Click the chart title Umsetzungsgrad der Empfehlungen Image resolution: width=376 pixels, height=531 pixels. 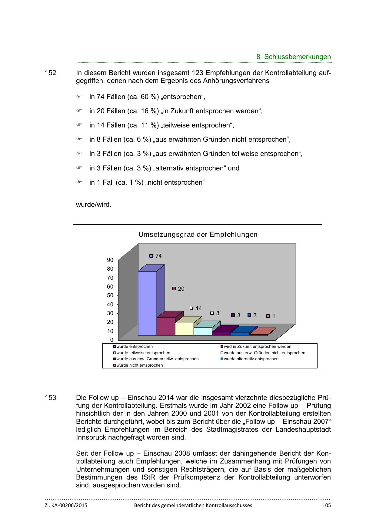pyautogui.click(x=198, y=235)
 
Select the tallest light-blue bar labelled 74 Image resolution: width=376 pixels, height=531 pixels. pyautogui.click(x=148, y=303)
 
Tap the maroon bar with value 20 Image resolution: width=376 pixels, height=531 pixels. pyautogui.click(x=166, y=326)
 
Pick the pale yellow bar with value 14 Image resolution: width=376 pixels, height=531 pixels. pyautogui.click(x=184, y=329)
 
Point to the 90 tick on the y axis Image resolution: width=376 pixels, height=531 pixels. pyautogui.click(x=110, y=260)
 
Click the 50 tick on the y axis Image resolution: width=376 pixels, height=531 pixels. pyautogui.click(x=110, y=295)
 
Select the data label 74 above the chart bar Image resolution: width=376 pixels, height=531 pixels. pyautogui.click(x=158, y=256)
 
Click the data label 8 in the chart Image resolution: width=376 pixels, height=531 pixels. pyautogui.click(x=218, y=313)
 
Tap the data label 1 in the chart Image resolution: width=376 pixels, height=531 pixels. pyautogui.click(x=274, y=316)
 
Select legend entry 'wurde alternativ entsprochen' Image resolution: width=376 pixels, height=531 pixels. pyautogui.click(x=251, y=359)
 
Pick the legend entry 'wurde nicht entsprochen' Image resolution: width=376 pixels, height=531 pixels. pyautogui.click(x=140, y=365)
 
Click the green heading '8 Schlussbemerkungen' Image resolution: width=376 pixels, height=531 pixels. pyautogui.click(x=294, y=57)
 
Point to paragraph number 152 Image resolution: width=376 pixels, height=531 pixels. pyautogui.click(x=51, y=73)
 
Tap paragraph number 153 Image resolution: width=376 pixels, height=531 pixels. pyautogui.click(x=51, y=397)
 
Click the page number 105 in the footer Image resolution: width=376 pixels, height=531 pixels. pyautogui.click(x=326, y=505)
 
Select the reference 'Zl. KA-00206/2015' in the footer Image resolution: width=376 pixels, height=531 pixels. pyautogui.click(x=66, y=505)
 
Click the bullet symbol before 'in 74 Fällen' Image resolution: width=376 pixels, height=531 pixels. pyautogui.click(x=79, y=97)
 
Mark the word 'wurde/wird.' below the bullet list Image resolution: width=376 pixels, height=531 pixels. pyautogui.click(x=93, y=205)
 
